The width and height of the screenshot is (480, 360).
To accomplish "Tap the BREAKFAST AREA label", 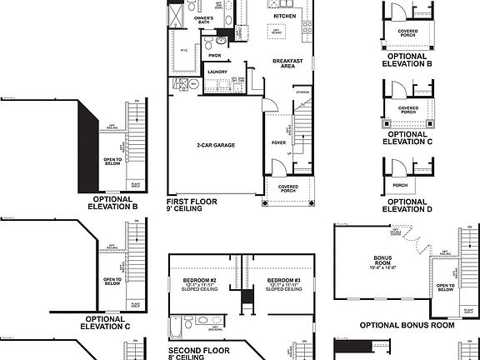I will coord(287,64).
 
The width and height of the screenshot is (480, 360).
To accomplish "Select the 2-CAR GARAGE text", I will coord(216,145).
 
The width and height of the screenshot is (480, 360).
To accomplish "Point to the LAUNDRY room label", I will coord(217,72).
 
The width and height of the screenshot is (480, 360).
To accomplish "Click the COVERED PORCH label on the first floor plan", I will coord(288,188).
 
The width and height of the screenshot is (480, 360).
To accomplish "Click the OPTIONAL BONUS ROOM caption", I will coord(407,325).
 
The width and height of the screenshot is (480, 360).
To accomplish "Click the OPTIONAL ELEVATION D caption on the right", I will coord(407,205).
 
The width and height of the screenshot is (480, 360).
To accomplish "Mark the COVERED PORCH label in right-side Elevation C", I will coord(408,108).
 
